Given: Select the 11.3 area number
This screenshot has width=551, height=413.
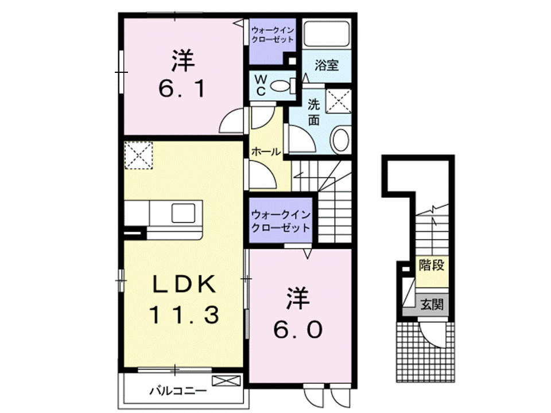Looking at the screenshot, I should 184,314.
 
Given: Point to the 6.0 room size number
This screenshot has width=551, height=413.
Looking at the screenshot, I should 298,329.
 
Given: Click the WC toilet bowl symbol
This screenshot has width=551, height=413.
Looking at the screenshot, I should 280,87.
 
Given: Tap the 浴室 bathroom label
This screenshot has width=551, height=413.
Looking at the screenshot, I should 326,65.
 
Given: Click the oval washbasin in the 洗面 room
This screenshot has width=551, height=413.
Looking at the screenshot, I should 341,139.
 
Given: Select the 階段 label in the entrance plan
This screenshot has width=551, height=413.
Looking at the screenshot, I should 432,266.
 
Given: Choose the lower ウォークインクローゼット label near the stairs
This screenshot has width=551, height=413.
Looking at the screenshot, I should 281,221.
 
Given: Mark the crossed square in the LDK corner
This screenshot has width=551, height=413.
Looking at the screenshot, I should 137,155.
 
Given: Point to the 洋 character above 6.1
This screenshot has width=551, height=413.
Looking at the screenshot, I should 182,60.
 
